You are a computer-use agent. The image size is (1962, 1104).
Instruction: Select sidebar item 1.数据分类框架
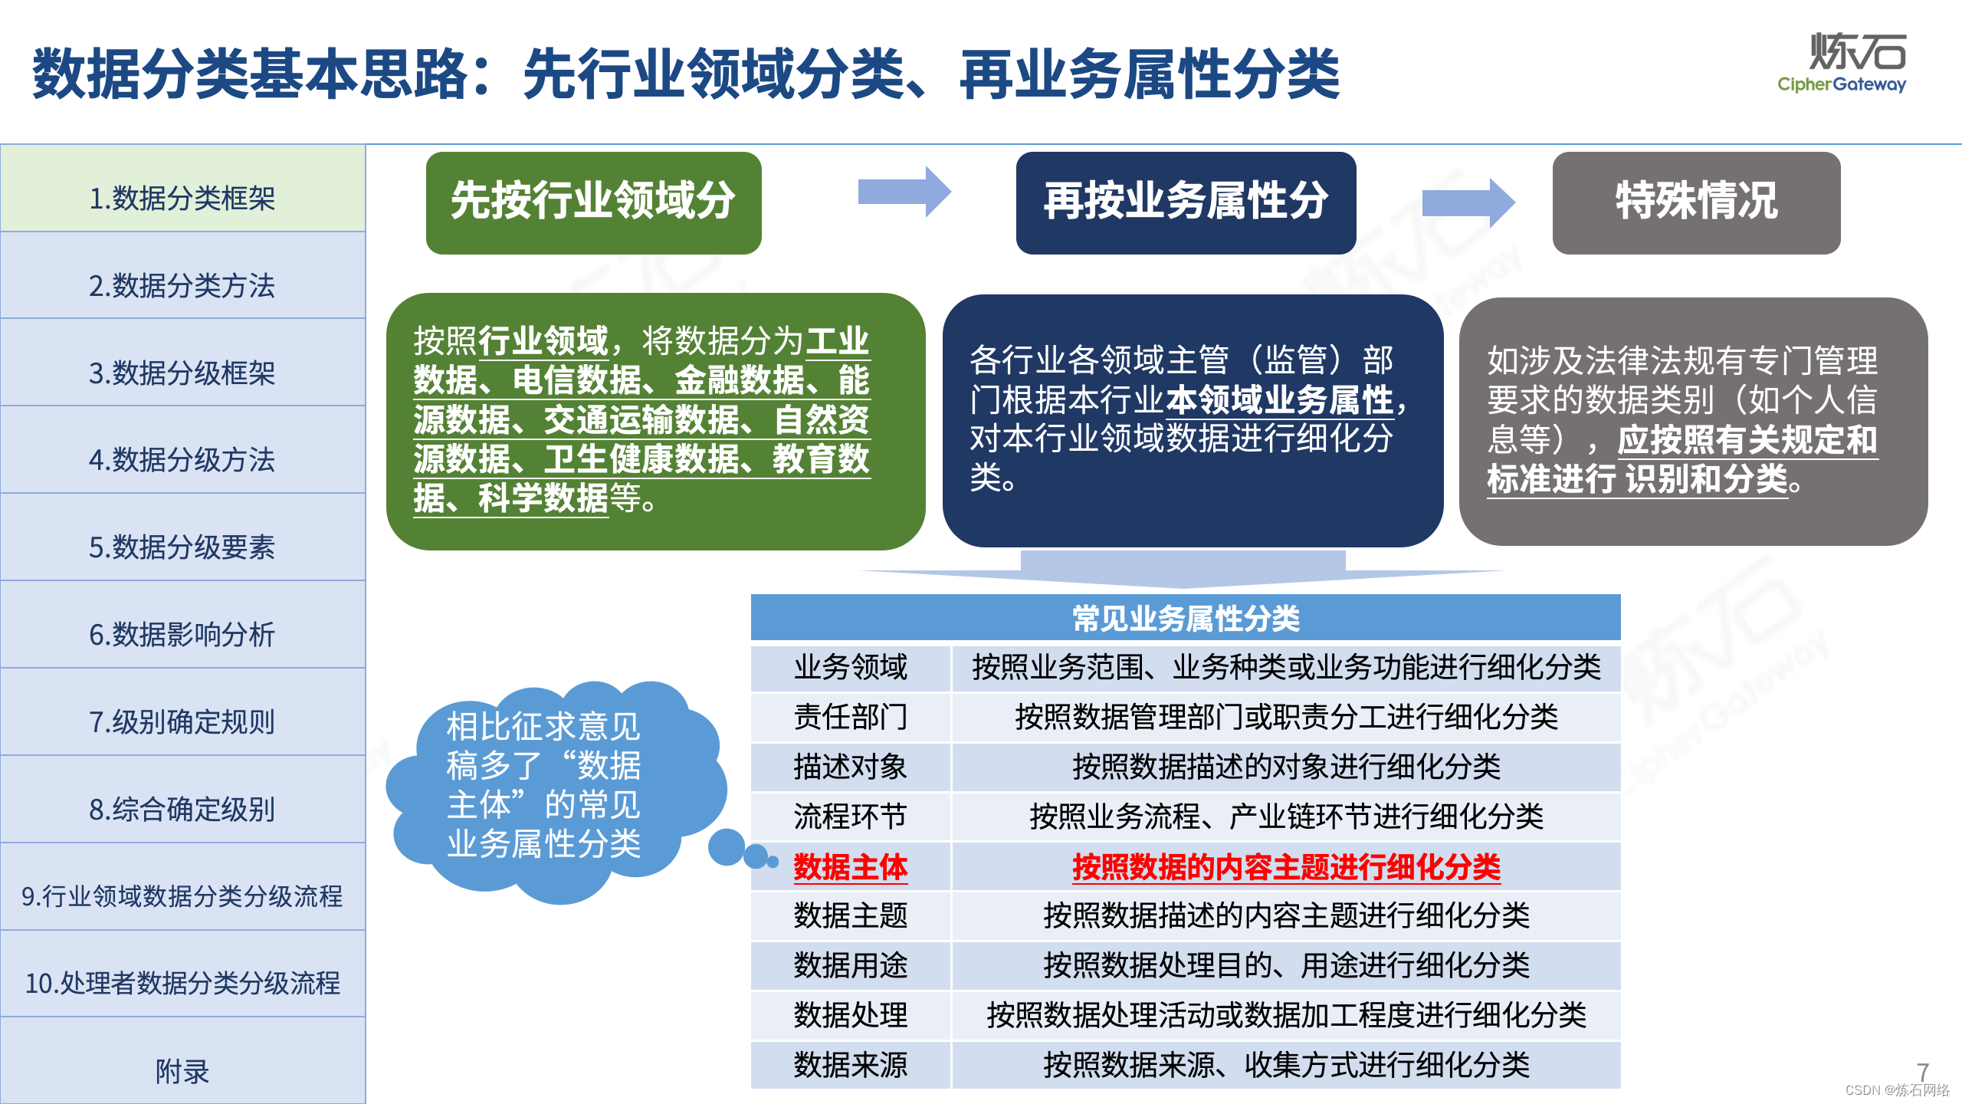tap(182, 198)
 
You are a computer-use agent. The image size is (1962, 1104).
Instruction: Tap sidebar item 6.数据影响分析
tap(182, 634)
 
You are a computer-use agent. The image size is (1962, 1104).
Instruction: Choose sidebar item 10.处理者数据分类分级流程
tap(182, 982)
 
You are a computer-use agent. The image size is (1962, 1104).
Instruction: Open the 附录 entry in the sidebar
tap(182, 1070)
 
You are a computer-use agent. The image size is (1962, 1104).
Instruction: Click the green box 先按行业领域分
tap(593, 202)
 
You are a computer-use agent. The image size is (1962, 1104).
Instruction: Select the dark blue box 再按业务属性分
tap(1186, 202)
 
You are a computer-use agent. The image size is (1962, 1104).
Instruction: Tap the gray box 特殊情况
tap(1696, 202)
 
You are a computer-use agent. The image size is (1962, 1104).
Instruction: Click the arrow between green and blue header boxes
tap(904, 192)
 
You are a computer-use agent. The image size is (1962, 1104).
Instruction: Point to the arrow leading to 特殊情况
tap(1468, 202)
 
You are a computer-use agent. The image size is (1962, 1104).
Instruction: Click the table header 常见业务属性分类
tap(1186, 618)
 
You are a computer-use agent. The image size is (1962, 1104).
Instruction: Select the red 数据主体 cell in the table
tap(851, 867)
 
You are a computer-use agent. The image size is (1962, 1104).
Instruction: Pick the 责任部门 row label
tap(851, 717)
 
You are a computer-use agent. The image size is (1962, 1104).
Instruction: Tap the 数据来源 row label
tap(851, 1065)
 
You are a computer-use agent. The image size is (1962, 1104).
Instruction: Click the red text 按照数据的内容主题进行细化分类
tap(1286, 867)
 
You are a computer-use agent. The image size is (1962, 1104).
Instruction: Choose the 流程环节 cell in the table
tap(851, 816)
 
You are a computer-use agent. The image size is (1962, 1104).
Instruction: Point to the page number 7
tap(1923, 1071)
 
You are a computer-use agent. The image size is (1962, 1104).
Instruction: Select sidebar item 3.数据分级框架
tap(182, 373)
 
